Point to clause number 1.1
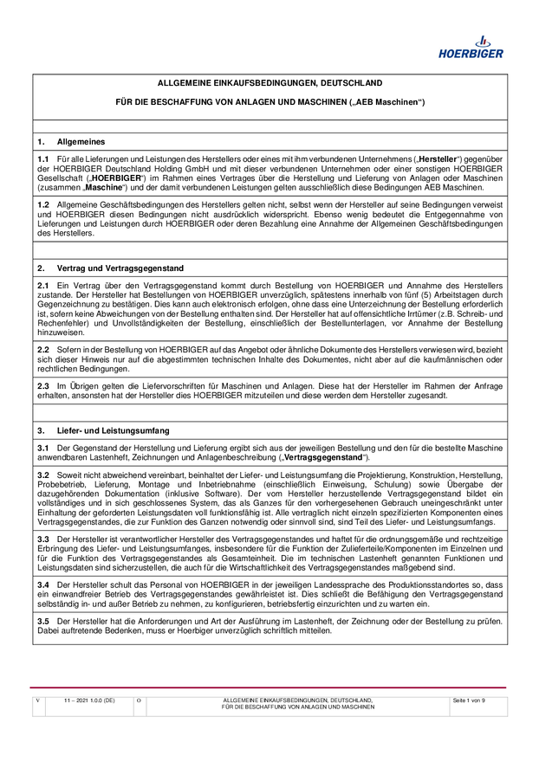pyautogui.click(x=43, y=160)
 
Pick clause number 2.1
pyautogui.click(x=43, y=285)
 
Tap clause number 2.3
pyautogui.click(x=43, y=384)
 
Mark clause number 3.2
pyautogui.click(x=43, y=475)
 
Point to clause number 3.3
pyautogui.click(x=43, y=538)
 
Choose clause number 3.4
pyautogui.click(x=43, y=584)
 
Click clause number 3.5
pyautogui.click(x=43, y=621)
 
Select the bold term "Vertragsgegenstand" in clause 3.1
pyautogui.click(x=326, y=456)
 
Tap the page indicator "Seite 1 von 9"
pyautogui.click(x=469, y=700)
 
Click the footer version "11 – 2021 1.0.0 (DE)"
pyautogui.click(x=89, y=700)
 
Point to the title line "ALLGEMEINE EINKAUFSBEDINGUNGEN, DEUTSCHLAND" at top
pyautogui.click(x=269, y=83)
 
